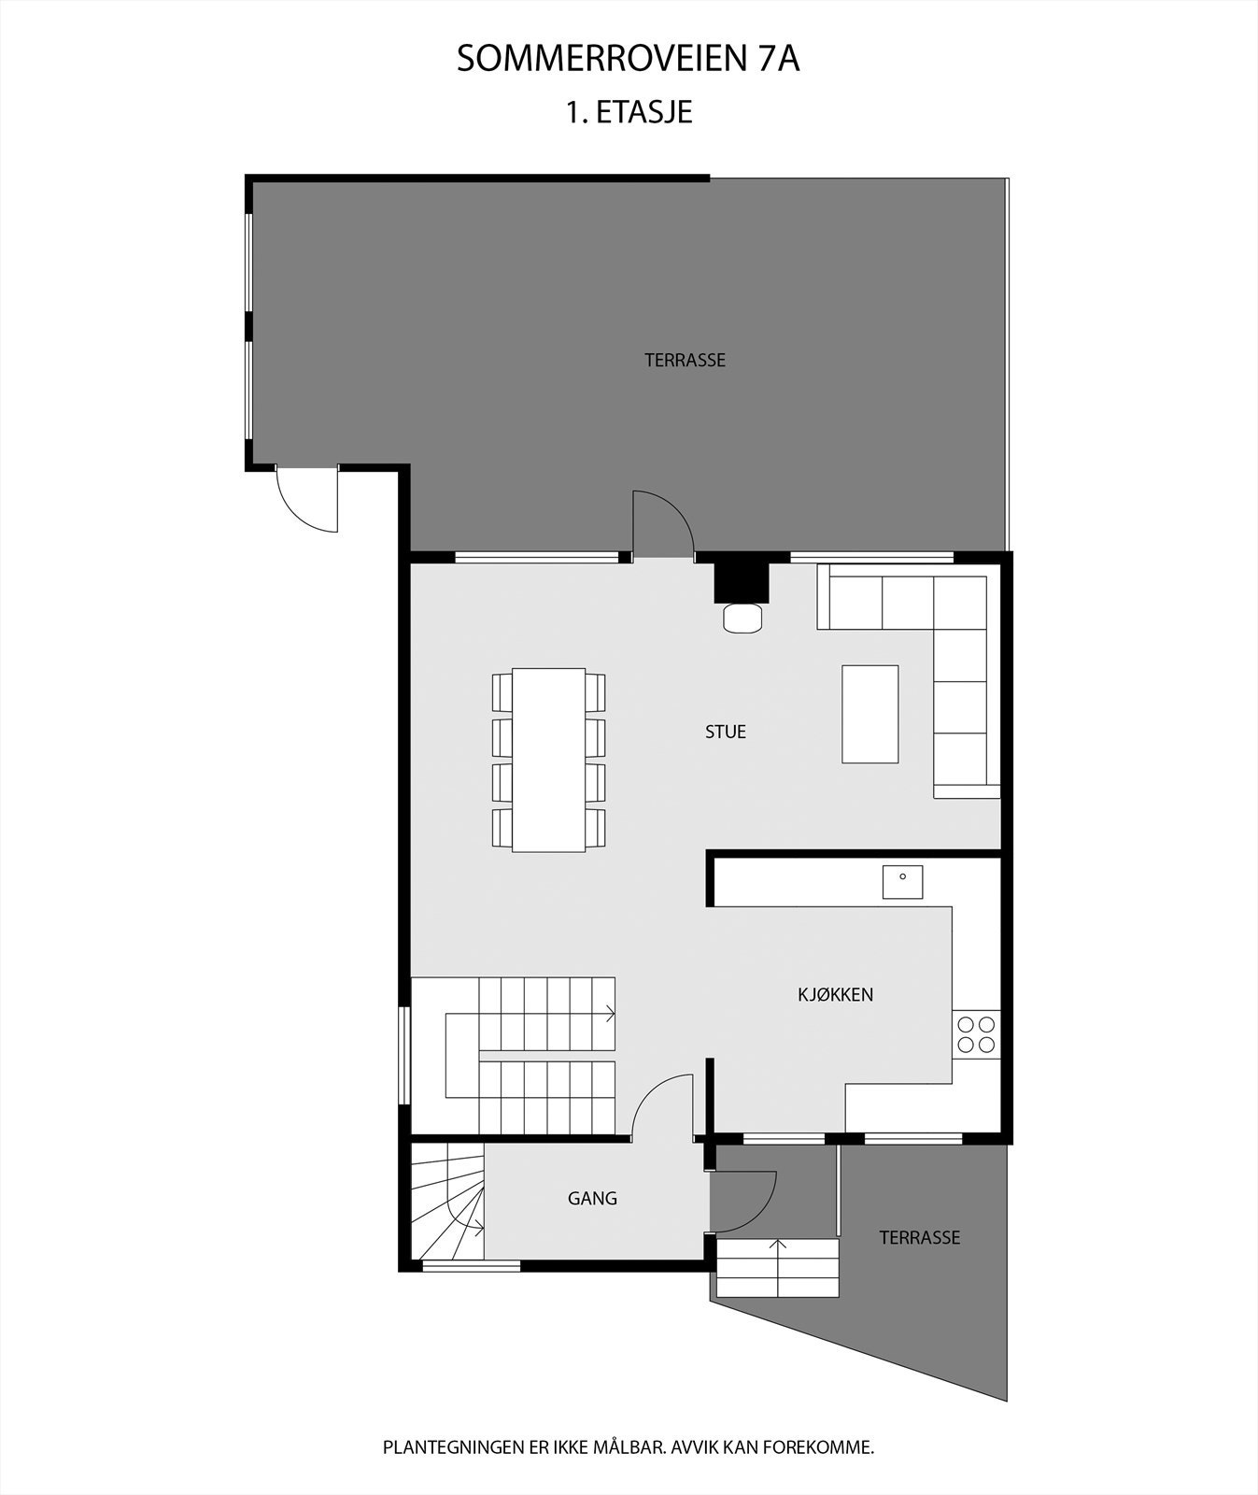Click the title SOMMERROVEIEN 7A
pyautogui.click(x=628, y=59)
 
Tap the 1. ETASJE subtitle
pyautogui.click(x=628, y=112)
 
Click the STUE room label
pyautogui.click(x=725, y=732)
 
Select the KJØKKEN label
pyautogui.click(x=835, y=994)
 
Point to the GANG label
pyautogui.click(x=592, y=1198)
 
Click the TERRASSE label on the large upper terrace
pyautogui.click(x=685, y=360)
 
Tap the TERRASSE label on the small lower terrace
pyautogui.click(x=919, y=1237)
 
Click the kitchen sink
pyautogui.click(x=902, y=881)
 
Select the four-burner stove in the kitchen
pyautogui.click(x=976, y=1033)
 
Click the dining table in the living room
pyautogui.click(x=548, y=759)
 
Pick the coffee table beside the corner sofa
pyautogui.click(x=869, y=714)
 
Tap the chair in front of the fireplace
pyautogui.click(x=742, y=618)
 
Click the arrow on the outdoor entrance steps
pyautogui.click(x=777, y=1252)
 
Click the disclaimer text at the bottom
pyautogui.click(x=628, y=1447)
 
